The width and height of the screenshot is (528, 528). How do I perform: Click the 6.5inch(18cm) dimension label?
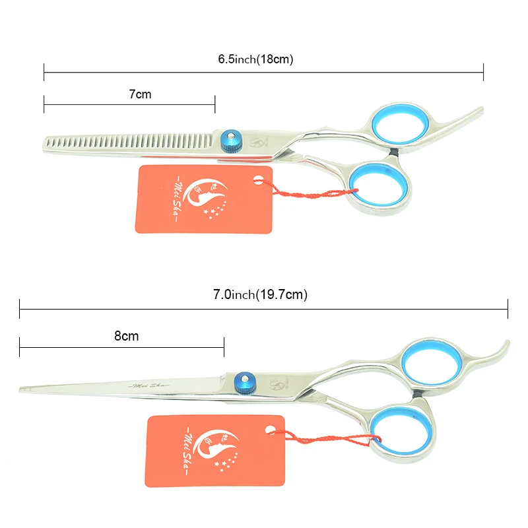(x=255, y=59)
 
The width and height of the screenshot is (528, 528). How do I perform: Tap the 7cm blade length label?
(x=140, y=94)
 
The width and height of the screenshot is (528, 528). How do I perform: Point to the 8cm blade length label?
(x=126, y=336)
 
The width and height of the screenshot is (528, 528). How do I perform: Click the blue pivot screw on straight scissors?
(x=243, y=381)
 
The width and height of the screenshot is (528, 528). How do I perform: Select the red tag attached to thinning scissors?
(x=203, y=199)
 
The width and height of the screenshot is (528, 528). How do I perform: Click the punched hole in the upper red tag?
(x=254, y=177)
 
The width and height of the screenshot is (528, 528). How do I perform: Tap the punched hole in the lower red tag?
(x=269, y=429)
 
